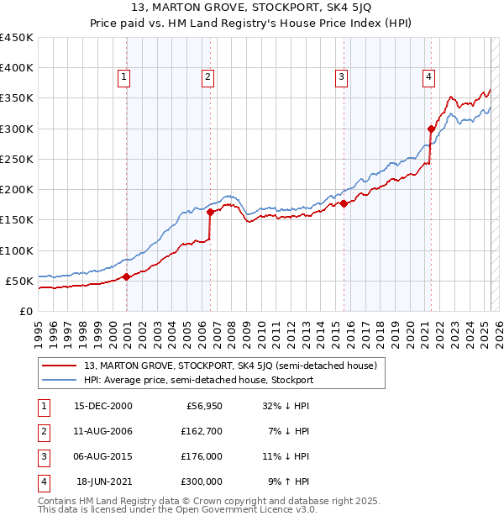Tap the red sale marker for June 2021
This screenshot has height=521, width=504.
click(x=431, y=129)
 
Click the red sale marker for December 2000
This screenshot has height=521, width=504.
click(x=126, y=276)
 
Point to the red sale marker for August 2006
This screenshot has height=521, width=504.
click(x=210, y=212)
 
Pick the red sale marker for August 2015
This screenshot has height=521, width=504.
click(x=344, y=203)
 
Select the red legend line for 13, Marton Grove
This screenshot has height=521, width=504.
click(x=59, y=366)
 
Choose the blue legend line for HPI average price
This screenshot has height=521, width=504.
click(x=59, y=380)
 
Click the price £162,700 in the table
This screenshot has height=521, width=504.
click(x=202, y=432)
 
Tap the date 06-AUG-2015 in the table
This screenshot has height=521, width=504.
click(x=102, y=457)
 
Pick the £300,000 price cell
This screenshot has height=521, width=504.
click(x=202, y=482)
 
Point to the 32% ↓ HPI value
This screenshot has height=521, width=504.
click(x=286, y=407)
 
